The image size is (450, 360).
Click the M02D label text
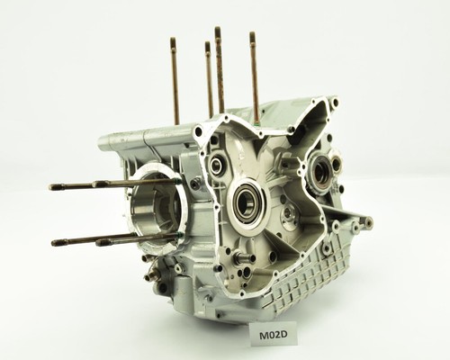click(274, 335)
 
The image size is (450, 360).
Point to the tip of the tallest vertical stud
click(218, 29)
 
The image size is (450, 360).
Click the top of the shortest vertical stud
click(207, 44)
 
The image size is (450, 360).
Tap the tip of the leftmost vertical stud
click(173, 40)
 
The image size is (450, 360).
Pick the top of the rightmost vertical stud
click(252, 34)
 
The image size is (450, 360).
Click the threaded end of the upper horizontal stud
click(51, 187)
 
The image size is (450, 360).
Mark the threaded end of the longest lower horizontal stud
click(55, 242)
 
